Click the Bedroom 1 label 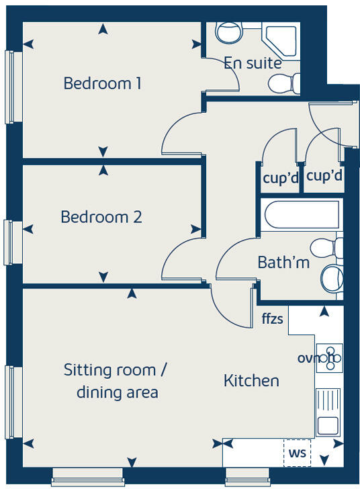tap(102, 84)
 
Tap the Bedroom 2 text tap(101, 218)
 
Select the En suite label tap(252, 63)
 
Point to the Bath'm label tap(283, 263)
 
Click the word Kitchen tap(251, 381)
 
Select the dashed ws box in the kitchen tap(297, 453)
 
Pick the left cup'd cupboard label tap(280, 177)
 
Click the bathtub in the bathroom tap(302, 216)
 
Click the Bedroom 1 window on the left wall tap(10, 87)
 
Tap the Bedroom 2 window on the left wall tap(9, 242)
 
